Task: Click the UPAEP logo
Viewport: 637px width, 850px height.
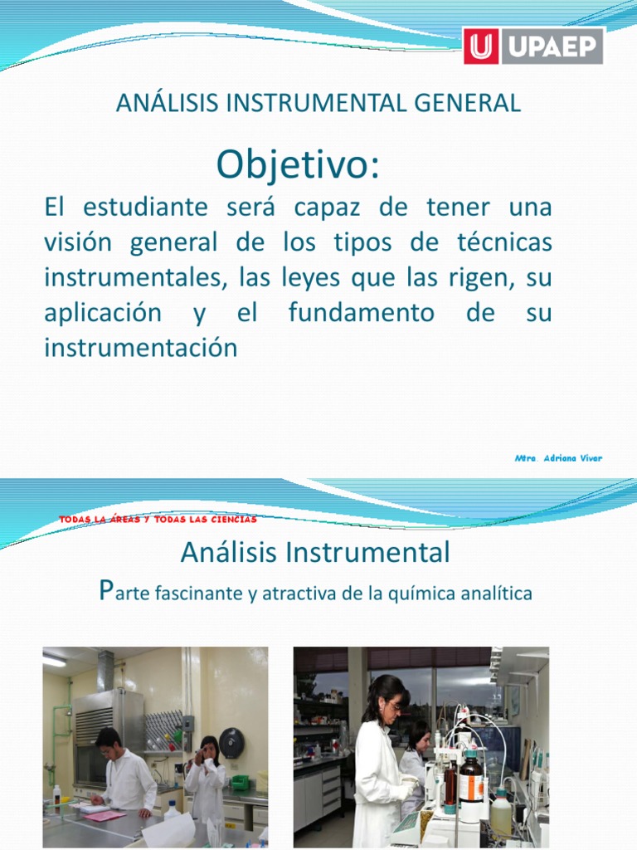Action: pos(533,46)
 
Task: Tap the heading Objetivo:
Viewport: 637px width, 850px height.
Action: pos(298,165)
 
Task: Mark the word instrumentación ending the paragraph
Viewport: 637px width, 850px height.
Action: pos(140,349)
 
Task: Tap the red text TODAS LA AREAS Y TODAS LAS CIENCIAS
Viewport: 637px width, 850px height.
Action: pos(158,520)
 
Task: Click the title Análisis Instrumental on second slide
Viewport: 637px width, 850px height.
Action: pos(315,551)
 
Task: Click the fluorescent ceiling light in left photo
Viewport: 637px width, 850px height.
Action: pos(55,661)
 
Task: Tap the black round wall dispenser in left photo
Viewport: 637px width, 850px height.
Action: pos(232,740)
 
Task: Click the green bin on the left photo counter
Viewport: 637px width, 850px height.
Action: pos(240,783)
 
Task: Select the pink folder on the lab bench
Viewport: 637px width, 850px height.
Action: pos(105,815)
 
